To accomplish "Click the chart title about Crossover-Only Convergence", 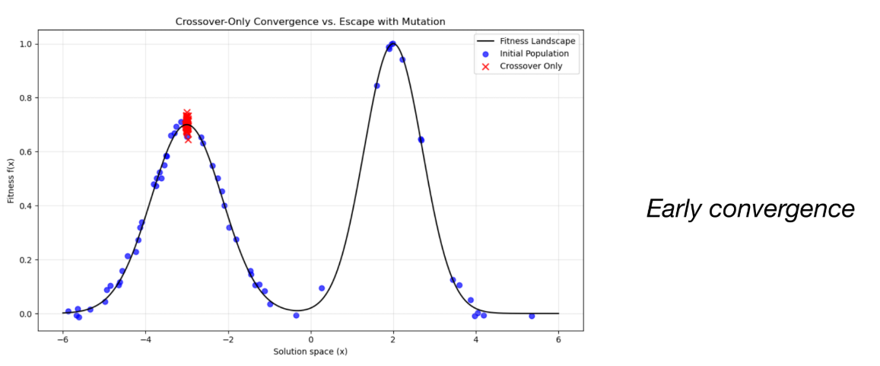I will pos(310,22).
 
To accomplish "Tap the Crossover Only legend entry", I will pos(531,66).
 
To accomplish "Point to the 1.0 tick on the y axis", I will pos(24,44).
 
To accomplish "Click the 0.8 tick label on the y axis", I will pos(24,98).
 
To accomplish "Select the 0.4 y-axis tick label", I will pos(24,206).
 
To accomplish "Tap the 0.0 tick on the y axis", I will pos(24,313).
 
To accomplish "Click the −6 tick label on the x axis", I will pos(62,339).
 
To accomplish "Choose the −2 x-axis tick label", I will pos(227,339).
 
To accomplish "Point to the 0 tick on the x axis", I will pos(310,339).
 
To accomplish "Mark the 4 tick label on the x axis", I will pos(476,339).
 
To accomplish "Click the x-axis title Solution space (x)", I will pos(310,351).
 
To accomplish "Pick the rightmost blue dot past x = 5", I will pos(532,316).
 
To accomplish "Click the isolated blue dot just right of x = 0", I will pos(322,288).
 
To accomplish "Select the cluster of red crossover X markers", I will pos(186,125).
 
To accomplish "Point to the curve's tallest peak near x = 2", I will pos(392,44).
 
